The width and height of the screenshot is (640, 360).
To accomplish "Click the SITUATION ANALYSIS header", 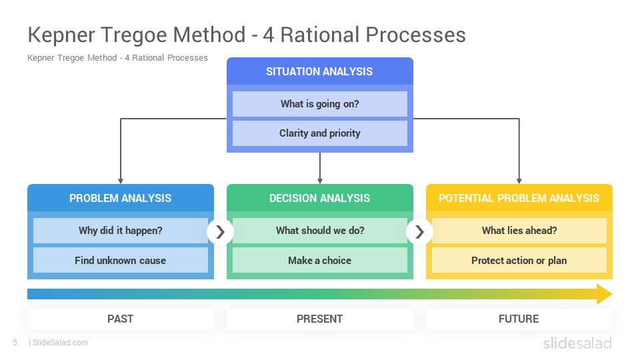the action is [319, 71].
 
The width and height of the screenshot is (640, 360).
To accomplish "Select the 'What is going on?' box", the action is [319, 104].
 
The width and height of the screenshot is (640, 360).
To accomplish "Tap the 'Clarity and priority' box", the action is [319, 133].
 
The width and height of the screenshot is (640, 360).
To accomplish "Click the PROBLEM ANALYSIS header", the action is [121, 198].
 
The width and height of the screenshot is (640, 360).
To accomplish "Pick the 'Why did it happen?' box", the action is [121, 231].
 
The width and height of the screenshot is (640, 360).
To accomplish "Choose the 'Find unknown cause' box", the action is [121, 261].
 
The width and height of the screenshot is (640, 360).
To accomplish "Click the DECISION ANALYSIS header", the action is [319, 198].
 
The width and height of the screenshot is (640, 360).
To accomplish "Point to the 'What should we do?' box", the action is [319, 231].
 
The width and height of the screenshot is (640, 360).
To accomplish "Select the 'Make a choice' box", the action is [319, 261].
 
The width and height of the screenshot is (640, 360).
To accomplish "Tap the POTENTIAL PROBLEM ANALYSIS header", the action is [519, 198].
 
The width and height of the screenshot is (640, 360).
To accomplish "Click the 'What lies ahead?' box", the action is [519, 231].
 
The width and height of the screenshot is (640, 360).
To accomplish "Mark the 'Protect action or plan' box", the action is [519, 261].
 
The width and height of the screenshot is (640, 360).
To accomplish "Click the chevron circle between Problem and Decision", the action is [221, 232].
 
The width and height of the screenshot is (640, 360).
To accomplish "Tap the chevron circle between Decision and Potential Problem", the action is [419, 232].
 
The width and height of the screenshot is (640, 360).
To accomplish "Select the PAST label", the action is [121, 319].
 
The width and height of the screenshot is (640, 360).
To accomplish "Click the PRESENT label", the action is [319, 319].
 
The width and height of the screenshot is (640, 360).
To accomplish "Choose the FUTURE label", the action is [519, 319].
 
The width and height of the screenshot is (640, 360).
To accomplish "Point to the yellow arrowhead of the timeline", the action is [604, 294].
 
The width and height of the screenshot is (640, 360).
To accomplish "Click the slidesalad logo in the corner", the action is [577, 343].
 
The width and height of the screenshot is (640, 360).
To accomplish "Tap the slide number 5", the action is [15, 343].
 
